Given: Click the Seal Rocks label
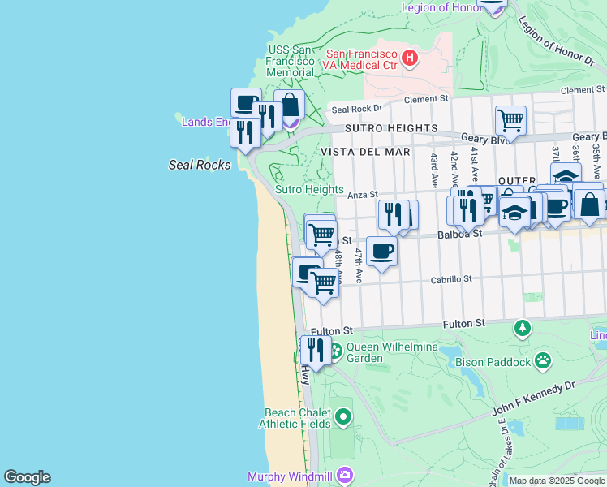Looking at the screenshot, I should tap(200, 165).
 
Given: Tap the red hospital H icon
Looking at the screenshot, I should tap(411, 58).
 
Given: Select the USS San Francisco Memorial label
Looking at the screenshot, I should tap(290, 61).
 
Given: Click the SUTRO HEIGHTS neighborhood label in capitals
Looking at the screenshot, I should tap(390, 128).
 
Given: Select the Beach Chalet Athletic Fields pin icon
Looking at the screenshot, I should tap(343, 417).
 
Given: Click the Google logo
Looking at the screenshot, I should tap(27, 477).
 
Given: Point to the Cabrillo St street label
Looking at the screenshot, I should tap(451, 279).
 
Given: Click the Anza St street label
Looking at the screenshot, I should tap(363, 195).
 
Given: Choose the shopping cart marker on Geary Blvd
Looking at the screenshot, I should tap(510, 120).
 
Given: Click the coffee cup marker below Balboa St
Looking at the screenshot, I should tap(381, 251).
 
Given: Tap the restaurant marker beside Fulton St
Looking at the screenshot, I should tap(315, 350).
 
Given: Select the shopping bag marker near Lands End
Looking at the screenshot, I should tap(289, 104).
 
